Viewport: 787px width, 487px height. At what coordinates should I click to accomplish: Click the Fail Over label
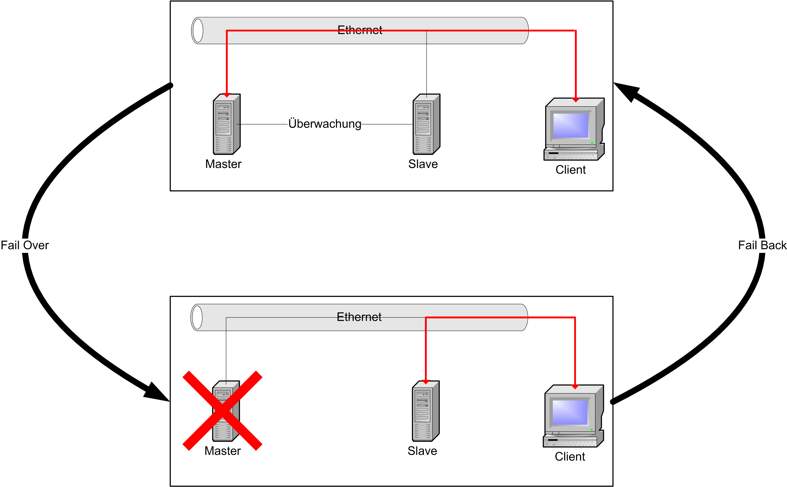click(x=25, y=245)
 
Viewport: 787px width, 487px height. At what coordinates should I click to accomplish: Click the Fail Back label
click(x=762, y=245)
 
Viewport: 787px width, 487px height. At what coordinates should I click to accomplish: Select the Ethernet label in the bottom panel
click(x=359, y=317)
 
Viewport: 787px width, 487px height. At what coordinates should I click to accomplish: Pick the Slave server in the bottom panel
click(x=425, y=411)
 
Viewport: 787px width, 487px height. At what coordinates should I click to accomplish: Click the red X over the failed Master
click(x=222, y=411)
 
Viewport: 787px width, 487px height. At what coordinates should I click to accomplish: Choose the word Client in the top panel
click(x=570, y=170)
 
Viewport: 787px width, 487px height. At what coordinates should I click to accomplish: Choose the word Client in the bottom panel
click(x=570, y=457)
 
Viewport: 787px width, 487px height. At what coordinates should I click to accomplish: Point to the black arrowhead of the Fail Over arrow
click(x=157, y=393)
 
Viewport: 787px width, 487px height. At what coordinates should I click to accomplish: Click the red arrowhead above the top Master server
click(x=227, y=95)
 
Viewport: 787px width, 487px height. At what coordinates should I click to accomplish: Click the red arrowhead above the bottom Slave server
click(x=425, y=382)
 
